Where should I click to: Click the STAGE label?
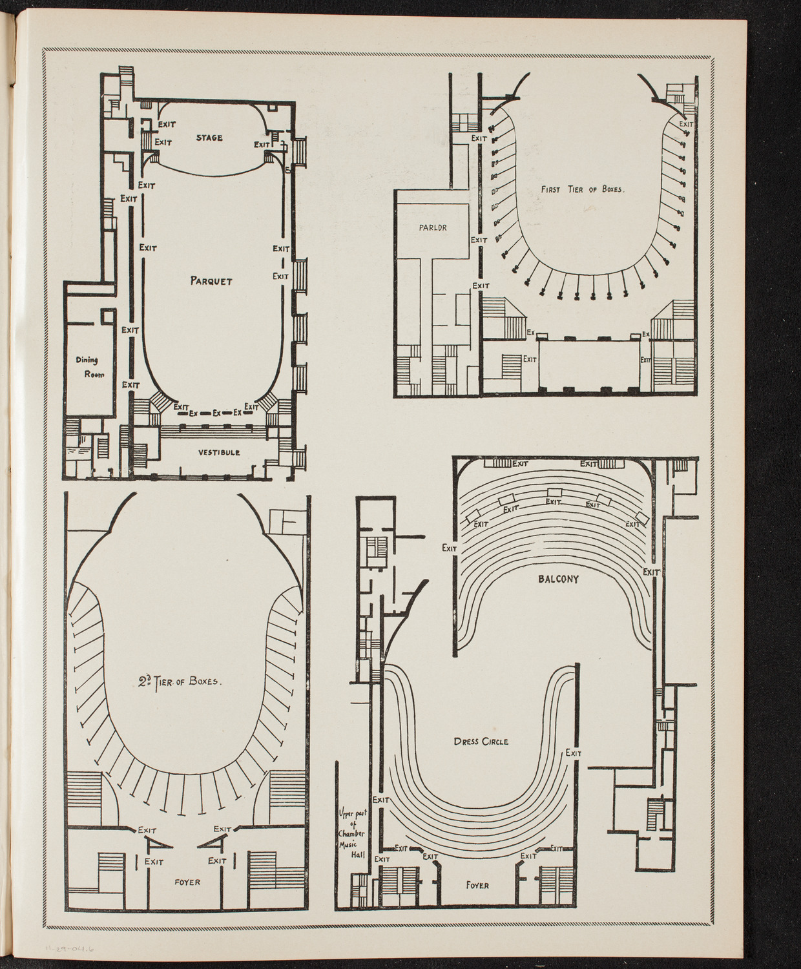[x=209, y=138]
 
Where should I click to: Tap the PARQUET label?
[x=211, y=281]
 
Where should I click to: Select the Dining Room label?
[x=86, y=368]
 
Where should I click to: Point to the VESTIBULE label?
[x=219, y=453]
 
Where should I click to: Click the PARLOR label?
[x=432, y=227]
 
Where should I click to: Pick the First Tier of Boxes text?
[x=584, y=191]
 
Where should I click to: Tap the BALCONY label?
[x=557, y=579]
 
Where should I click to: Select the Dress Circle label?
[x=481, y=742]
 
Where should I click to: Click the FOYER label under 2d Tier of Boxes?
[x=187, y=882]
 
